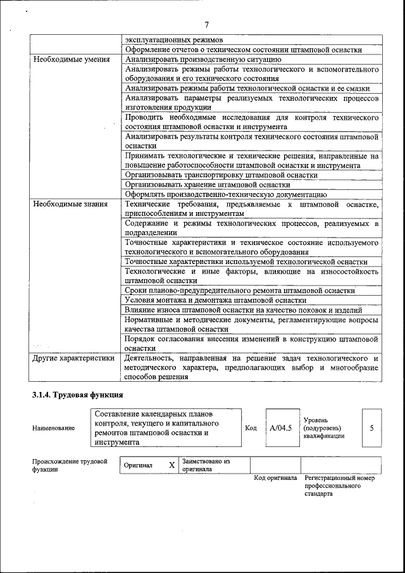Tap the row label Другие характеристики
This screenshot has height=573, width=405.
73,358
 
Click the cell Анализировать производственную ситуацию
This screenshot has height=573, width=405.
199,60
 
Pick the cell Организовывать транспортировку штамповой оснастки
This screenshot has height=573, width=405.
221,175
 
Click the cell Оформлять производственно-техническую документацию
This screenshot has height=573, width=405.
225,194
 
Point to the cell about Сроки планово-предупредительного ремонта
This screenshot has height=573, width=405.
240,291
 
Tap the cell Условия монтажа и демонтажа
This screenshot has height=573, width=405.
216,300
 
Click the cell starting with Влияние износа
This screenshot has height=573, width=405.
244,310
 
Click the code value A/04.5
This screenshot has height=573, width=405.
280,427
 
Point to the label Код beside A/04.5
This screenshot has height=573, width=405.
251,428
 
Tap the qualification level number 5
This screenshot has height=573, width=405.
371,427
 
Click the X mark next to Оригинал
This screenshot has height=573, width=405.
171,465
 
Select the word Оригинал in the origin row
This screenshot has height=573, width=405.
139,465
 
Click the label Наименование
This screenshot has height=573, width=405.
53,428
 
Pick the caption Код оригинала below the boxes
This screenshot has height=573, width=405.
275,478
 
